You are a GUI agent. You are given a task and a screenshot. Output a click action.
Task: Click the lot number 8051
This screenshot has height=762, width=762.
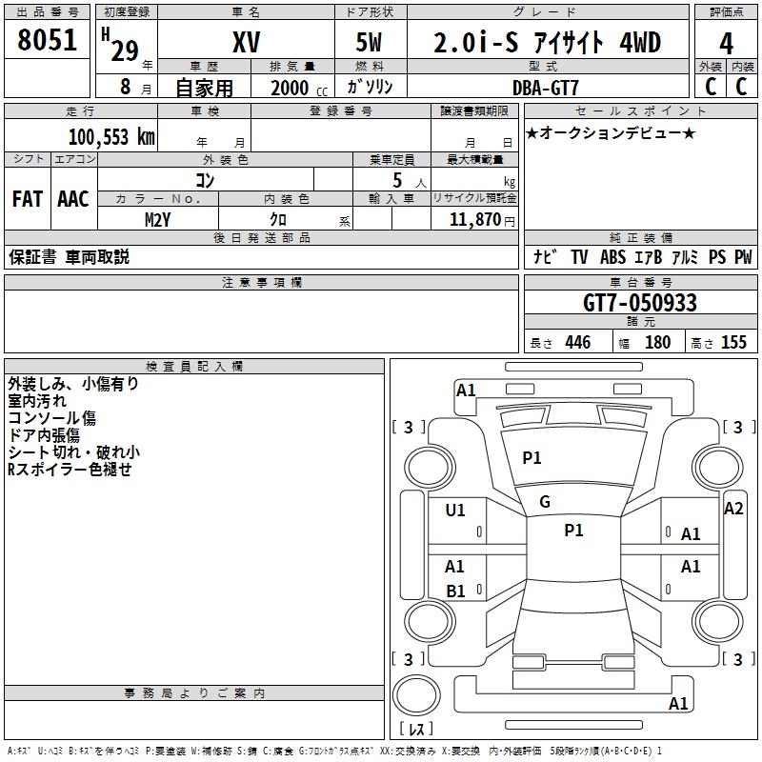pos(47,40)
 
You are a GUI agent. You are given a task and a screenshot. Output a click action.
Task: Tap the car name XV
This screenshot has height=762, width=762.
pos(246,42)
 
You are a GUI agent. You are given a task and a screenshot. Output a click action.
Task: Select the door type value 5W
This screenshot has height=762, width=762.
pos(369,42)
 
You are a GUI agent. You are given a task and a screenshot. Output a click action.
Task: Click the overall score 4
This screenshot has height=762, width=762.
pos(726,44)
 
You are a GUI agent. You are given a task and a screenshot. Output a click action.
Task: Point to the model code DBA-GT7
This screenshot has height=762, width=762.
pos(545,88)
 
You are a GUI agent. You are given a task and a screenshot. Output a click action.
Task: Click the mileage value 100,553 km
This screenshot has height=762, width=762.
pos(111,137)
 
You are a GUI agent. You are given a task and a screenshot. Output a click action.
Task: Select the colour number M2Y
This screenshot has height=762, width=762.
pos(157,220)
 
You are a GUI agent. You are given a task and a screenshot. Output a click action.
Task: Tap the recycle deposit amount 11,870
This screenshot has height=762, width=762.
pos(474,220)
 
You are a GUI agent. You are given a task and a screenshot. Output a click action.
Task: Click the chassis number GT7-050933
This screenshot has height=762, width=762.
pos(639,303)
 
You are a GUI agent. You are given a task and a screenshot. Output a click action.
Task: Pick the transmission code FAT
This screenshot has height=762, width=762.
pos(28,199)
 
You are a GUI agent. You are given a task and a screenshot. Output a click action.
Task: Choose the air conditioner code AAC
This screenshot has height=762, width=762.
pos(73,199)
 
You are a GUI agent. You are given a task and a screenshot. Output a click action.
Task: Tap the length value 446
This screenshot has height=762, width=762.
pos(578,342)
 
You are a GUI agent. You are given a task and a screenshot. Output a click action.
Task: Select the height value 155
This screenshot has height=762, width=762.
pos(733,342)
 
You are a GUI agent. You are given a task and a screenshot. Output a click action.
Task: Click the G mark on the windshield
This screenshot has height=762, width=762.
pos(545,502)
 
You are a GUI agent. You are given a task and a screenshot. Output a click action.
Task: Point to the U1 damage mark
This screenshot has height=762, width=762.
pos(455,511)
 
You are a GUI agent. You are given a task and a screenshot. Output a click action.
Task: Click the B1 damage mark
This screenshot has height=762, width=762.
pos(456,591)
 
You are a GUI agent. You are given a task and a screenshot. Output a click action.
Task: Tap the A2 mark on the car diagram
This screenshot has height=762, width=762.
pos(733,509)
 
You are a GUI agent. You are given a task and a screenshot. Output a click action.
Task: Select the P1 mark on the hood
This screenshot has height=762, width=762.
pos(531,457)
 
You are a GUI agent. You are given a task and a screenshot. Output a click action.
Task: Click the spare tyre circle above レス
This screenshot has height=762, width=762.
pos(416,696)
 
